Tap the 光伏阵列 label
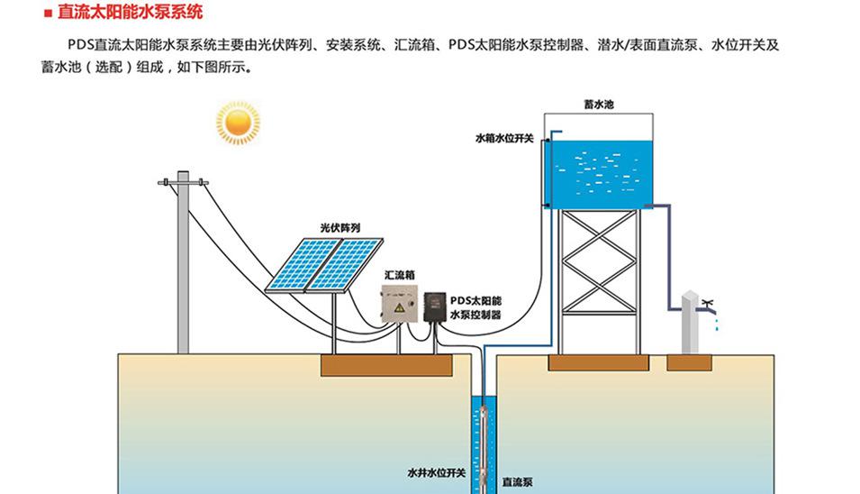point(339,228)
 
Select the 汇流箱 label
point(400,274)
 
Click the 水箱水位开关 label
point(505,139)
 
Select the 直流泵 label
point(518,480)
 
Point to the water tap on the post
point(708,302)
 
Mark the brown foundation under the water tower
point(599,362)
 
